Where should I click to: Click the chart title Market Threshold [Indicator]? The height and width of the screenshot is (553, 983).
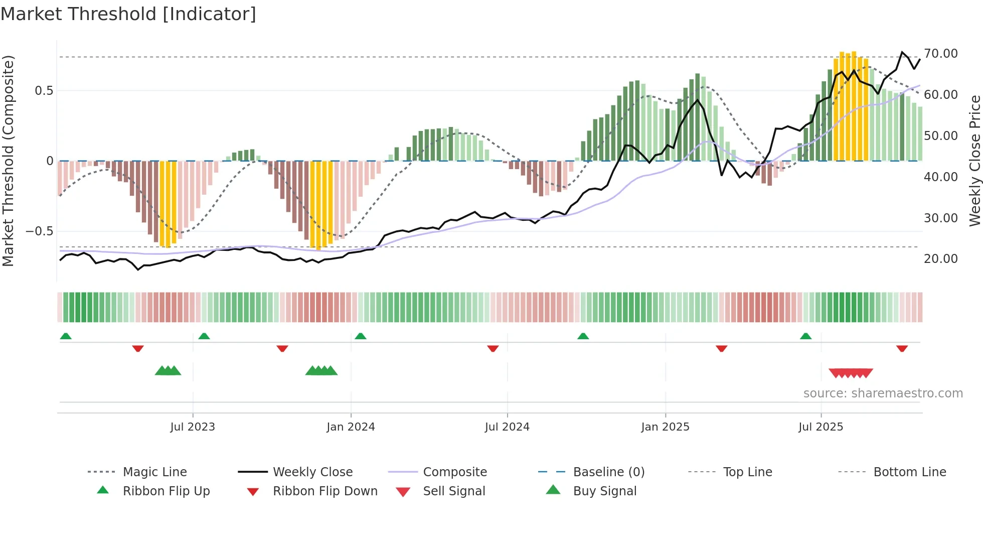pos(128,14)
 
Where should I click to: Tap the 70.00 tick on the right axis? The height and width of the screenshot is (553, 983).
pos(940,54)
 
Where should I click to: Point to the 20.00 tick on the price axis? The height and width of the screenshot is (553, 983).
pos(940,259)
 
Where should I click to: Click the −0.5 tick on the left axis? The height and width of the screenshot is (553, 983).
pos(39,231)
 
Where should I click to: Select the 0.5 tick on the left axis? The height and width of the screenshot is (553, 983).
pos(44,91)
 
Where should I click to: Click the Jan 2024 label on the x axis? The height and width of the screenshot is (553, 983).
pos(351,427)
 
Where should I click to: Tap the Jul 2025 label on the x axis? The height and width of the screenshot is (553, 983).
pos(821,427)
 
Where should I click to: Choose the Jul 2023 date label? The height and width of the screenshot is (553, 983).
pos(193,427)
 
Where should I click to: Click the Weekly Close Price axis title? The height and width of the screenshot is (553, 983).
pos(974,161)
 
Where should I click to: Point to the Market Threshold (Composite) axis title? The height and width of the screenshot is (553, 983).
pos(8,161)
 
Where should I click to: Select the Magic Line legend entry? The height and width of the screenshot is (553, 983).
pos(154,472)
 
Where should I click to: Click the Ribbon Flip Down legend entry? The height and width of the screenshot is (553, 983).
pos(324,491)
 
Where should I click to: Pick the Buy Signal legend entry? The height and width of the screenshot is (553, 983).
pos(604,491)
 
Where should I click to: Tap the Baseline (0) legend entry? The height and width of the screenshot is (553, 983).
pos(608,472)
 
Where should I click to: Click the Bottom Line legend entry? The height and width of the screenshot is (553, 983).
pos(909,472)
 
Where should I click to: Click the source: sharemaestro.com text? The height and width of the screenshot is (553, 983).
pos(883,393)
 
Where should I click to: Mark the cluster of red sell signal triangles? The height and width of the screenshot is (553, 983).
pos(851,373)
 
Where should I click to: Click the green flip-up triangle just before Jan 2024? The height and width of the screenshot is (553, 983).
pos(361,336)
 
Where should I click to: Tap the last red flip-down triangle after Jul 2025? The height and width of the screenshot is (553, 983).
pos(902,348)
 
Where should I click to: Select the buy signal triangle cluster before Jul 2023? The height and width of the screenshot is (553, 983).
pos(168,371)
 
